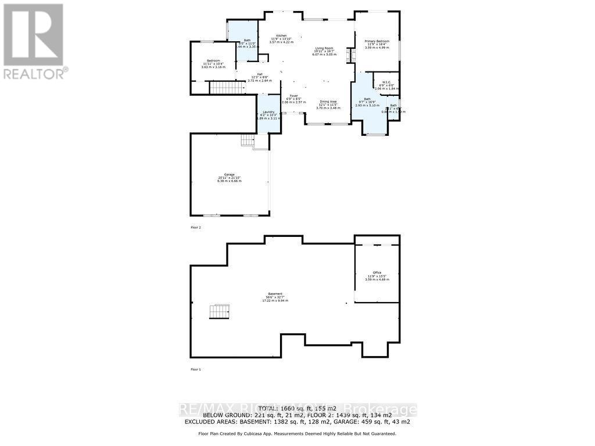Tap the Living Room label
coord(324,48)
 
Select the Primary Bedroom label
coord(377,41)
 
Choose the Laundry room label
coord(268,111)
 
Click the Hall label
coord(260,74)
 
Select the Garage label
coord(229,174)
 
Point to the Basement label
coord(275,293)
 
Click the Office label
coord(377,272)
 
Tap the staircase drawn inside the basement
coord(219,311)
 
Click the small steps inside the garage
coord(248,140)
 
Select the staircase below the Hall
coord(225,88)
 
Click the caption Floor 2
coord(196,227)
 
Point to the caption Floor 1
coord(196,369)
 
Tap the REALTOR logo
coord(33,41)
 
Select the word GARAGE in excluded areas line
coord(357,422)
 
